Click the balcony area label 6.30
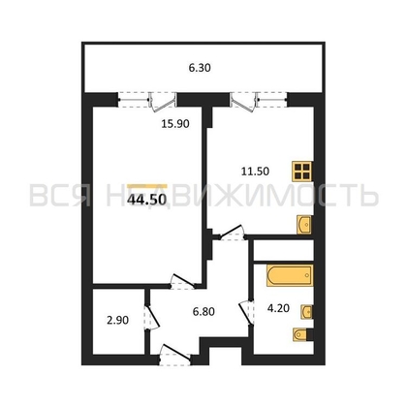click(200, 68)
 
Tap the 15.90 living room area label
click(175, 124)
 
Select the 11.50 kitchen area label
click(255, 172)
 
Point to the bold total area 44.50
click(147, 200)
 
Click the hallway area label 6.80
click(203, 312)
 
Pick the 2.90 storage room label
click(117, 320)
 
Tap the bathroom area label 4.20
click(278, 308)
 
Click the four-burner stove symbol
click(302, 172)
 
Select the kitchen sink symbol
click(304, 225)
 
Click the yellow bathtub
click(290, 275)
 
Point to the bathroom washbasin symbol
click(306, 312)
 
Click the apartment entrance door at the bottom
click(174, 355)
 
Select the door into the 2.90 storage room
click(151, 317)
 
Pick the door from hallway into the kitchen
click(232, 233)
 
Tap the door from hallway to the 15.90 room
click(182, 281)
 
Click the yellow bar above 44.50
click(147, 186)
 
